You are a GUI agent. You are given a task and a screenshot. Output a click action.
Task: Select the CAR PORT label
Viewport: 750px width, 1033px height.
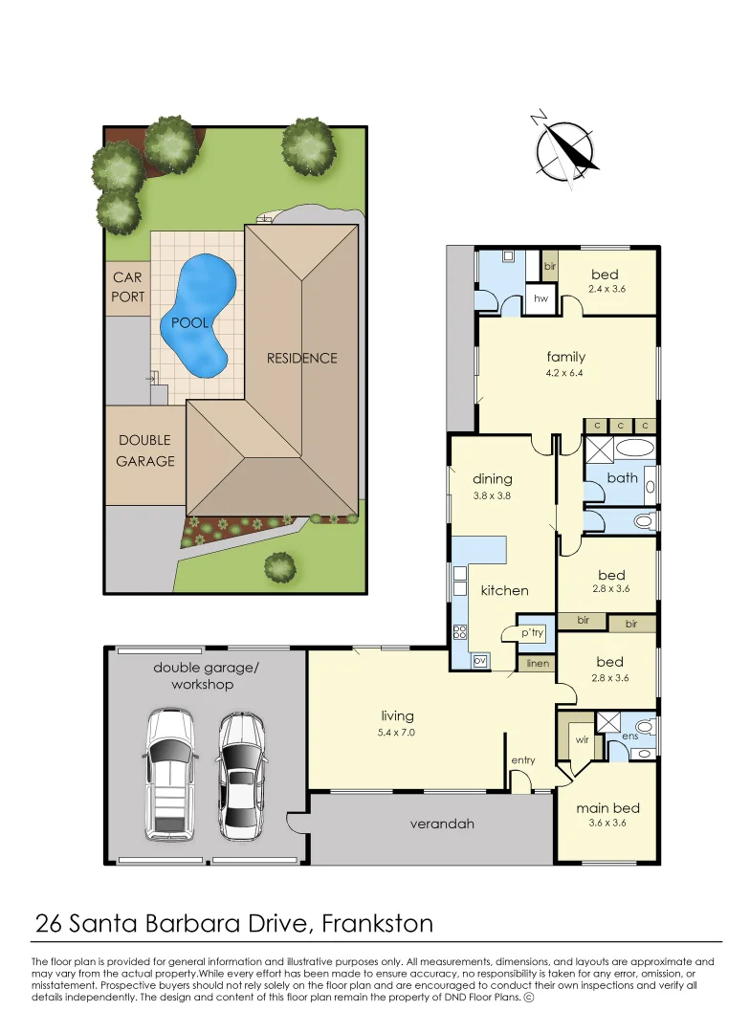(127, 287)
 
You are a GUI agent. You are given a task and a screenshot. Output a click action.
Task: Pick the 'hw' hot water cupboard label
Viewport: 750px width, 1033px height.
(540, 299)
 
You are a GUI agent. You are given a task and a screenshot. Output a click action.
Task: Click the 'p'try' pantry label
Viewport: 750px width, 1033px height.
(532, 633)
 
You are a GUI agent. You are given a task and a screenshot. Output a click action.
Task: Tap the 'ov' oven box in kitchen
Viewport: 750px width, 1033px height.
(480, 660)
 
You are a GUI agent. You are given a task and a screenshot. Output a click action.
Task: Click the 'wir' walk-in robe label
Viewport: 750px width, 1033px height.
(582, 739)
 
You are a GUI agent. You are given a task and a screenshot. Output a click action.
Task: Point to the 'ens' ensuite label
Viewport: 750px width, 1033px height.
(629, 736)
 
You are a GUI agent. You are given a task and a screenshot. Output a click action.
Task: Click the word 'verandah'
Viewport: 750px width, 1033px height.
(442, 824)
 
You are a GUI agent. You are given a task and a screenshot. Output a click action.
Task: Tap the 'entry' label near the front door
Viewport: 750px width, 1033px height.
(523, 760)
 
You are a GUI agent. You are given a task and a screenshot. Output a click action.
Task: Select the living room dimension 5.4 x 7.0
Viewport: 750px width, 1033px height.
(396, 733)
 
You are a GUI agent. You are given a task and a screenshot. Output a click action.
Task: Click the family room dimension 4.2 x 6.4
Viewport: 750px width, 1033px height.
(565, 373)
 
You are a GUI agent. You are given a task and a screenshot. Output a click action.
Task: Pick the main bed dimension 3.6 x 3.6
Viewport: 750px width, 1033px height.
(607, 824)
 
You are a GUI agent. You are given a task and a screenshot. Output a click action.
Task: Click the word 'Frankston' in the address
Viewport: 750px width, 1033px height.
(378, 924)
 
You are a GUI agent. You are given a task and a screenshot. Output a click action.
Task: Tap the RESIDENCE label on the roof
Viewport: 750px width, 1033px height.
(302, 359)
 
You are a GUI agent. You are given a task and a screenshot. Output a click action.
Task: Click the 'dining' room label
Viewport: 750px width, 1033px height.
(493, 479)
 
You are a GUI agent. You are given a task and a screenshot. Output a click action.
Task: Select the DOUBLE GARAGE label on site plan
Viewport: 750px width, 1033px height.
(145, 451)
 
